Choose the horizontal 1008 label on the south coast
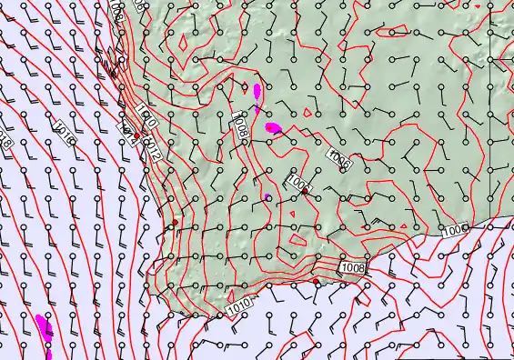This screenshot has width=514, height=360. click(x=355, y=268)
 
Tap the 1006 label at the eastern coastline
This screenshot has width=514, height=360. click(x=458, y=232)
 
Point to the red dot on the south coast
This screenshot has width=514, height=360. click(x=316, y=283)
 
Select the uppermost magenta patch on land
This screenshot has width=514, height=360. click(x=257, y=91)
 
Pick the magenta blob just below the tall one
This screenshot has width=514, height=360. click(x=272, y=127)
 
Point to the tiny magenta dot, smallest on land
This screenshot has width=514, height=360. click(x=267, y=196)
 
